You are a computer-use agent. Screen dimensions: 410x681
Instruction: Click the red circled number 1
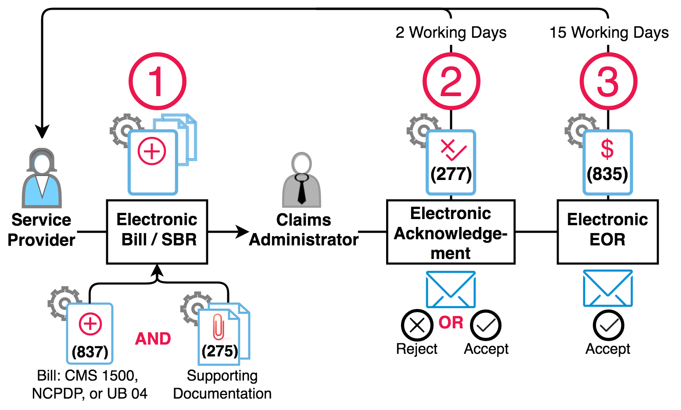157,82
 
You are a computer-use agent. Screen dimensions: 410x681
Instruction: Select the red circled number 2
451,82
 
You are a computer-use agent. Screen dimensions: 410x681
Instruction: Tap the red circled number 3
608,82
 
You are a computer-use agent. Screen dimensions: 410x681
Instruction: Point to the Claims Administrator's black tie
302,188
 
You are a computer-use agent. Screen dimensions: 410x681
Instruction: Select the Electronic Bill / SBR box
157,232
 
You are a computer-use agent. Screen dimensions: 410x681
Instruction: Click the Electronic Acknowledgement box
451,232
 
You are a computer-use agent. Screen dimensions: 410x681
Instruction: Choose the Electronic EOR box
608,232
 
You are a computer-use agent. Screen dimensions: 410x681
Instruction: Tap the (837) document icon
90,333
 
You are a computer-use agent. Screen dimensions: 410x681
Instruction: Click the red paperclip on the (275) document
218,327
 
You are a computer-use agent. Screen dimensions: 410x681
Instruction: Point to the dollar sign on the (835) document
607,149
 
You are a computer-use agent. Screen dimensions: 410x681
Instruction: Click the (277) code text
451,174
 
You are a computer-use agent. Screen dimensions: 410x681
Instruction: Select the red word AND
153,339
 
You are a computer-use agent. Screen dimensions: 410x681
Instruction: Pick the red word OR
451,323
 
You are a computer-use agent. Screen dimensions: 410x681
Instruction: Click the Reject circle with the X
417,325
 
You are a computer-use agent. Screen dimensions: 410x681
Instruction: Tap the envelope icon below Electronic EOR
608,288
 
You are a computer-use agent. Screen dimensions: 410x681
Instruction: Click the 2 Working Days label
451,32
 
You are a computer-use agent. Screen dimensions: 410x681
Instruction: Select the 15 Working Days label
609,32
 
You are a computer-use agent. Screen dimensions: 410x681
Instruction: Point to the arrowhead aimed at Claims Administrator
242,232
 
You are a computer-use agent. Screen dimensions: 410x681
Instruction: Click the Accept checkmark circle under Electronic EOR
608,325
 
